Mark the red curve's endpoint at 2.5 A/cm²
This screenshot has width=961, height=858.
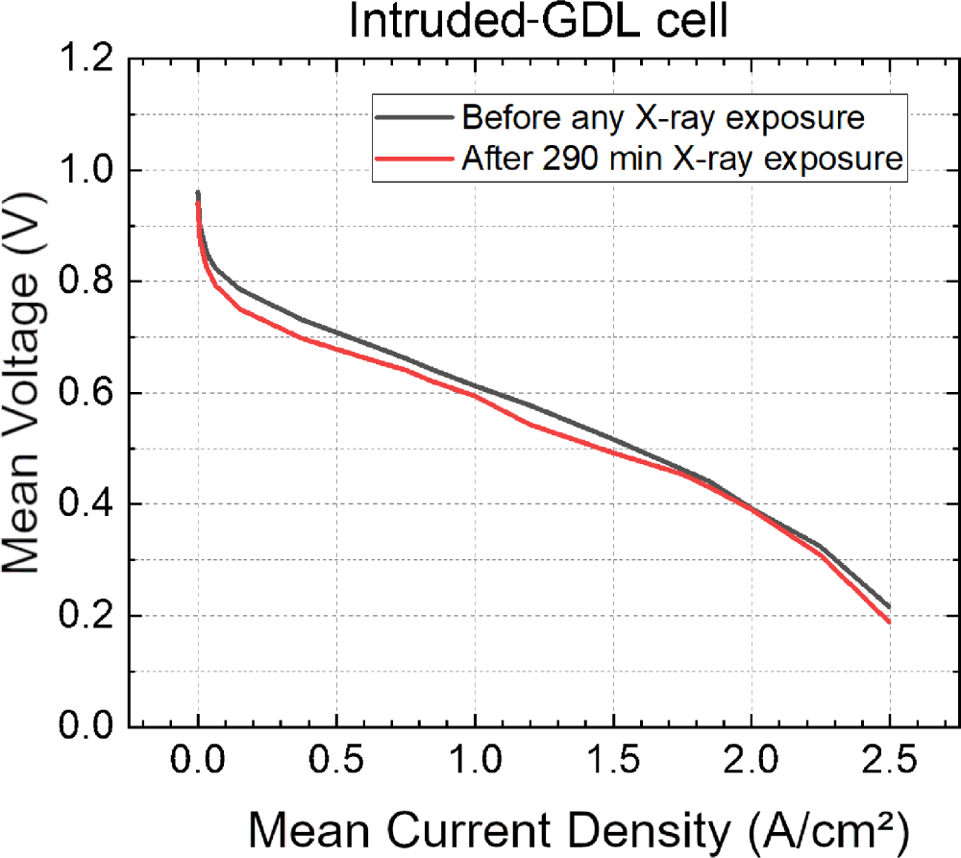(890, 623)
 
